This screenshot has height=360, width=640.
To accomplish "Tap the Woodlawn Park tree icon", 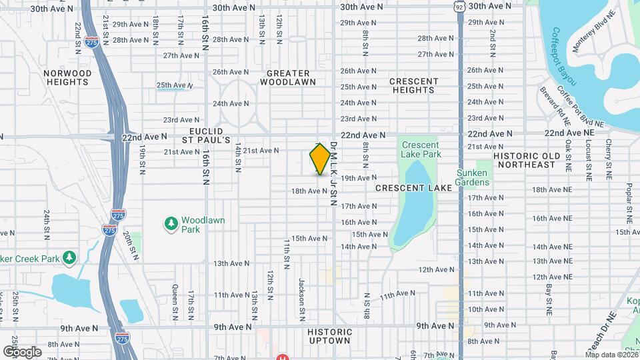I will coord(171,221).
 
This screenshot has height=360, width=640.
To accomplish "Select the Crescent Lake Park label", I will coord(421,149).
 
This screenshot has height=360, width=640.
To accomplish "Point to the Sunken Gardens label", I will coord(473,177).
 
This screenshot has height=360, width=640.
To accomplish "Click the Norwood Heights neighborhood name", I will coord(67,77).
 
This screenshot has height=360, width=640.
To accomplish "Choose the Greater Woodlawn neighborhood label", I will coord(288,77).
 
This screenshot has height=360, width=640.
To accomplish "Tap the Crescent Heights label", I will coord(413,85).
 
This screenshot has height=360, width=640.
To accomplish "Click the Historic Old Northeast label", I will coord(534,159).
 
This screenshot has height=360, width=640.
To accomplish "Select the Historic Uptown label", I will coord(329,336).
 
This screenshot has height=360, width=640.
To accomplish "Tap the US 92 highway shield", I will coord(460,6).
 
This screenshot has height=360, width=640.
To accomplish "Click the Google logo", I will coord(22,351).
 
